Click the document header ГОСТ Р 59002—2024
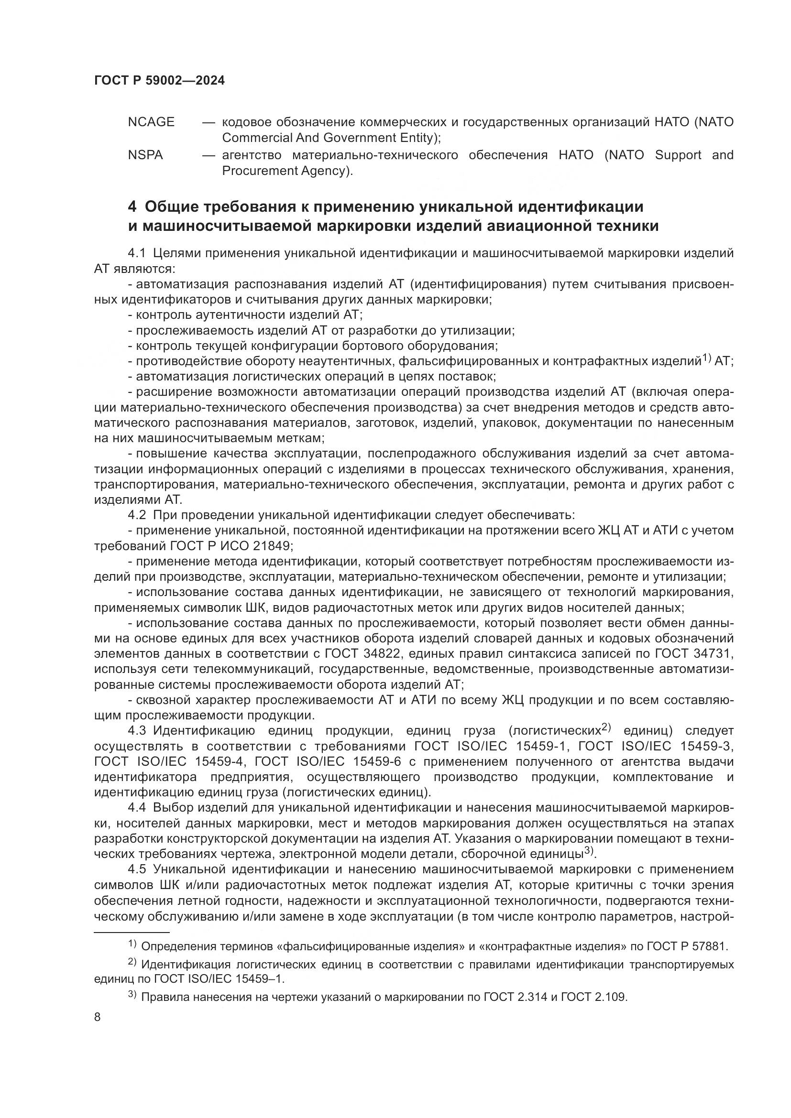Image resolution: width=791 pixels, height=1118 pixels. [159, 81]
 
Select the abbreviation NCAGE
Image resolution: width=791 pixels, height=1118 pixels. [151, 122]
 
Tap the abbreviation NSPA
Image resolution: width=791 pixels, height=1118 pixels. [145, 155]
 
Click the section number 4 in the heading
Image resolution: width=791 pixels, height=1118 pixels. [132, 207]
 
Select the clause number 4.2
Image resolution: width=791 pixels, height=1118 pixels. [136, 515]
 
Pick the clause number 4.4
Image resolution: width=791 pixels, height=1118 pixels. [136, 808]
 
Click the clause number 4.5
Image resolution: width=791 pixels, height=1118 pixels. [136, 869]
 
